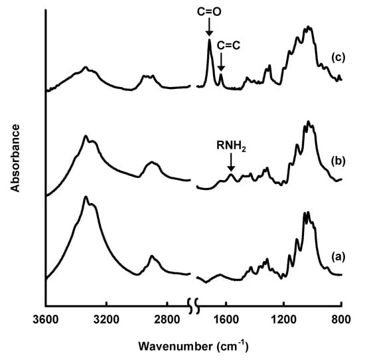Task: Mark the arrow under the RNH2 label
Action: point(231,163)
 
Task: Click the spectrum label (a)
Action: point(338,254)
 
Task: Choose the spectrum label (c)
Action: point(338,56)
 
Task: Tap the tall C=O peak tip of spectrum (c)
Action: point(210,40)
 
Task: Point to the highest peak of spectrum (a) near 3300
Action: point(86,197)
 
